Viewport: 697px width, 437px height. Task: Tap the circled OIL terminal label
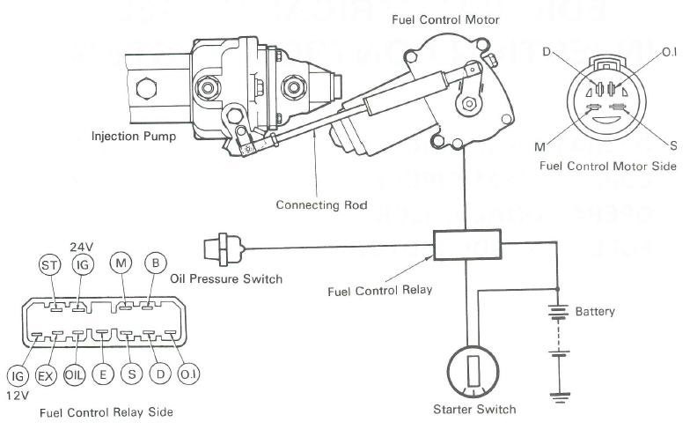tap(76, 375)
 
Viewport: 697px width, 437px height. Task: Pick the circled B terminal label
tap(153, 263)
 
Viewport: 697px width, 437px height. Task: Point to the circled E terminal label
tap(104, 375)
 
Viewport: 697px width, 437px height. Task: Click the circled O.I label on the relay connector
tap(187, 375)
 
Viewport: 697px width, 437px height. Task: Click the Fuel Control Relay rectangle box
tap(466, 243)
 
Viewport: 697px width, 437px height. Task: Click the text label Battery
tap(595, 311)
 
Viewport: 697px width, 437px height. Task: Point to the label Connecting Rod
tap(322, 205)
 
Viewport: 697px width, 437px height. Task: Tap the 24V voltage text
tap(81, 246)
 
